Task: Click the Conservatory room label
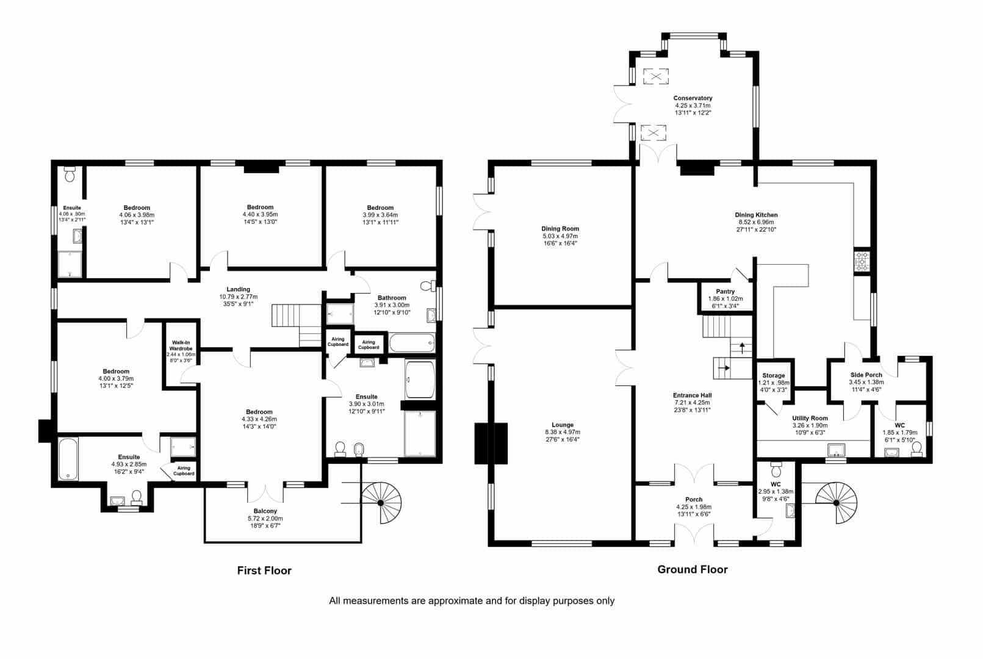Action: click(693, 98)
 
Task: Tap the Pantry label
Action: click(725, 291)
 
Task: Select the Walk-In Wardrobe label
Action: click(181, 345)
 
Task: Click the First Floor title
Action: click(264, 571)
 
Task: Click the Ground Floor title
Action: click(693, 569)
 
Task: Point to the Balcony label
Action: click(265, 511)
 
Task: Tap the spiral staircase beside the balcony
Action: click(381, 503)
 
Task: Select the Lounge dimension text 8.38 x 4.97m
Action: click(562, 432)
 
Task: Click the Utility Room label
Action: click(810, 419)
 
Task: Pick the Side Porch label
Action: click(866, 375)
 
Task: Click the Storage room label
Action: click(773, 375)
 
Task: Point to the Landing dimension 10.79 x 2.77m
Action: click(239, 297)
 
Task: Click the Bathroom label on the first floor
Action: click(392, 298)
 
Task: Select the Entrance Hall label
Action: click(693, 395)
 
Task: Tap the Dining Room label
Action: click(560, 229)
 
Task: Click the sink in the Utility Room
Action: click(837, 450)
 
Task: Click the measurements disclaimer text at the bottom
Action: click(472, 601)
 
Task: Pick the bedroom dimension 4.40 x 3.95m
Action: click(260, 215)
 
